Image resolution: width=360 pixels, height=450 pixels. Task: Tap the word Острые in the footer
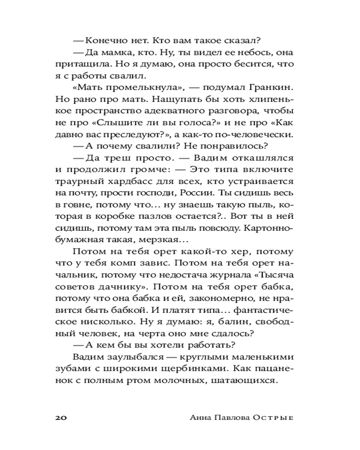[275, 417]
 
